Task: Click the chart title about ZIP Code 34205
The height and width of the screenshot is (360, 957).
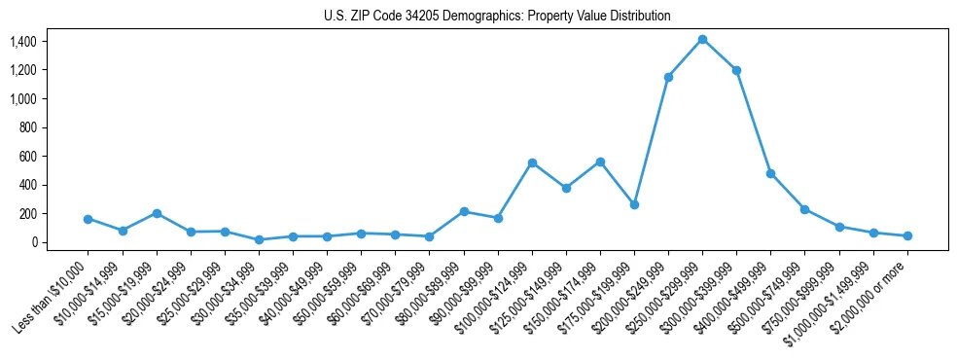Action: click(497, 17)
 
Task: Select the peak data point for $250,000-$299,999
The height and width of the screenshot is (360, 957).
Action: click(702, 39)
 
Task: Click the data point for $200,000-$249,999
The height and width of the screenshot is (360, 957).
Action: click(668, 77)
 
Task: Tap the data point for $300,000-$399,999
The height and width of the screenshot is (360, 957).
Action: click(736, 70)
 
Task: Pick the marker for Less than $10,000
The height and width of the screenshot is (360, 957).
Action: click(88, 219)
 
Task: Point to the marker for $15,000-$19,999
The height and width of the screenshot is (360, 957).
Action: click(157, 213)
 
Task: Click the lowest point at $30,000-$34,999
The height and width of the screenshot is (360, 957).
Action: click(259, 239)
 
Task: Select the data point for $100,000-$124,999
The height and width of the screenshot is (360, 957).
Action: click(532, 162)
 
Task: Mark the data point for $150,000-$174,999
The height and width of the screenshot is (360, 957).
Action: click(600, 162)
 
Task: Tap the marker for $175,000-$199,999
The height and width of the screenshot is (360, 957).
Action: click(634, 204)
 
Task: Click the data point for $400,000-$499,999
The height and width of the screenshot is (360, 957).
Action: click(770, 173)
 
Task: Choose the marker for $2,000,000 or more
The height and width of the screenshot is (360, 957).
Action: click(907, 235)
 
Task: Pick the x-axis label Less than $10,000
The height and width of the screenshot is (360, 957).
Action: click(53, 297)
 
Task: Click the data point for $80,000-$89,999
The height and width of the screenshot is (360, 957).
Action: click(464, 211)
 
